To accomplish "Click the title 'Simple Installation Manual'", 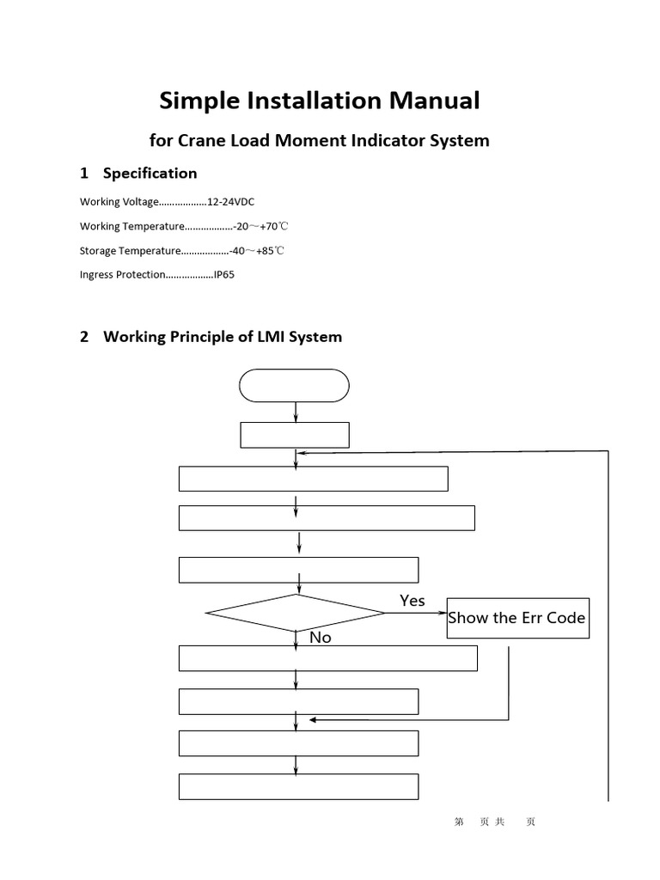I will [x=319, y=101].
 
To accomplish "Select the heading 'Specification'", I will [x=150, y=173].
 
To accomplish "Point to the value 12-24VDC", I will [x=231, y=201].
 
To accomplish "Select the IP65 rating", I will [x=223, y=275].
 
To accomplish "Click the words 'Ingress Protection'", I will [x=121, y=275].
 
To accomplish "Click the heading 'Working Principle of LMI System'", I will [x=222, y=336].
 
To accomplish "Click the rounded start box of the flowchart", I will [x=294, y=385].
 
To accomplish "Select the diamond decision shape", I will [x=295, y=613].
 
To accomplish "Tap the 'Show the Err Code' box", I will [x=517, y=618].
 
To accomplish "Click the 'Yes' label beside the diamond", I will [x=412, y=601].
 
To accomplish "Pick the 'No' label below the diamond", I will [x=320, y=637].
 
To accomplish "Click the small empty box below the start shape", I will [x=294, y=435].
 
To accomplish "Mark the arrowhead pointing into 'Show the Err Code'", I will [x=443, y=614].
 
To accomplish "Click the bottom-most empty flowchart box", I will [x=298, y=786].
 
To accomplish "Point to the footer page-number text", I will [x=494, y=822].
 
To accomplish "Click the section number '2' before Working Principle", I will [x=84, y=336].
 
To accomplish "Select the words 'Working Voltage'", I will [x=119, y=201].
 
